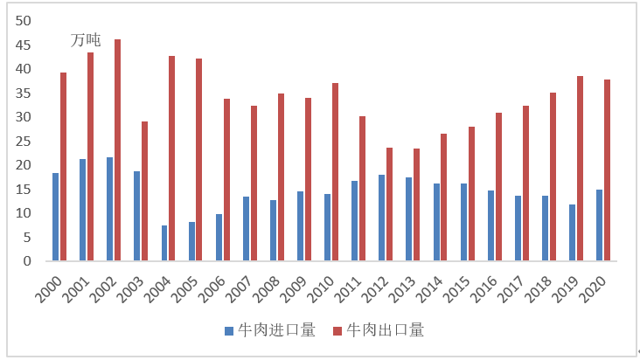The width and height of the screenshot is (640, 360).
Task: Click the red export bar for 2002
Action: (118, 150)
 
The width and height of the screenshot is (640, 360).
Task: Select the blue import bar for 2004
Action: (164, 243)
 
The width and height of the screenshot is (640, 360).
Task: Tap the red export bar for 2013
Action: (416, 204)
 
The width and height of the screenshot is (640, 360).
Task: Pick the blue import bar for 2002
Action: (109, 209)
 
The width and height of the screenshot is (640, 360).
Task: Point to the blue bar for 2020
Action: (599, 225)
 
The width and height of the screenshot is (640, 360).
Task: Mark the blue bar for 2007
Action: (246, 228)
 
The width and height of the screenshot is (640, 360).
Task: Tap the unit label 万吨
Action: (86, 39)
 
